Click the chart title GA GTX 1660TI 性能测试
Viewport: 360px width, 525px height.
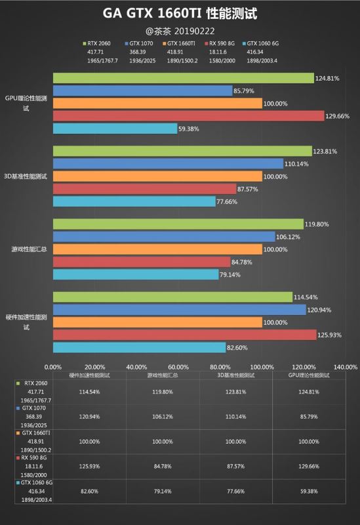180,13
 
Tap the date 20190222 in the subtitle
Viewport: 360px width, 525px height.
194,31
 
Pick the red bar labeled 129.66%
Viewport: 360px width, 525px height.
189,116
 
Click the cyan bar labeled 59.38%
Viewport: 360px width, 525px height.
115,129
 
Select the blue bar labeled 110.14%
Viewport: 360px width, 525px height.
169,163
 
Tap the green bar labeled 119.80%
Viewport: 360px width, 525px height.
178,224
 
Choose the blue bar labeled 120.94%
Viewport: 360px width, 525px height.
180,310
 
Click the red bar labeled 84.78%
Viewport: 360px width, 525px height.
142,262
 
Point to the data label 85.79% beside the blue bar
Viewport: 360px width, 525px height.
244,91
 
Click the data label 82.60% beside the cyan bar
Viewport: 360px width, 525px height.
237,348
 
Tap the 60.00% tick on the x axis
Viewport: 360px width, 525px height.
178,367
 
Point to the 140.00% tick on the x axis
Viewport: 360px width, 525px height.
346,367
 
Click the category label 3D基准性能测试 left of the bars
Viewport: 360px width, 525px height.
26,177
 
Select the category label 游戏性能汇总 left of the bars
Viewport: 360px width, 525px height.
29,249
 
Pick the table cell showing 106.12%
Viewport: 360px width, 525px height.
163,417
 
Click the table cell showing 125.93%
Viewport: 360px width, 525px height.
89,466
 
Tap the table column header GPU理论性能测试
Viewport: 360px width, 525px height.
309,375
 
